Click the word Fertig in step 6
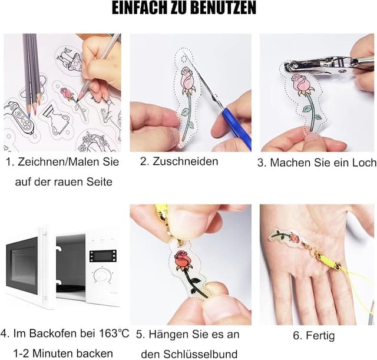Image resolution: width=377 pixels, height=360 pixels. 313,336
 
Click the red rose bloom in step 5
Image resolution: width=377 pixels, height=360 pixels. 183,260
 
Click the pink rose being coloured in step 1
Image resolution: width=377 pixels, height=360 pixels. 68,94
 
